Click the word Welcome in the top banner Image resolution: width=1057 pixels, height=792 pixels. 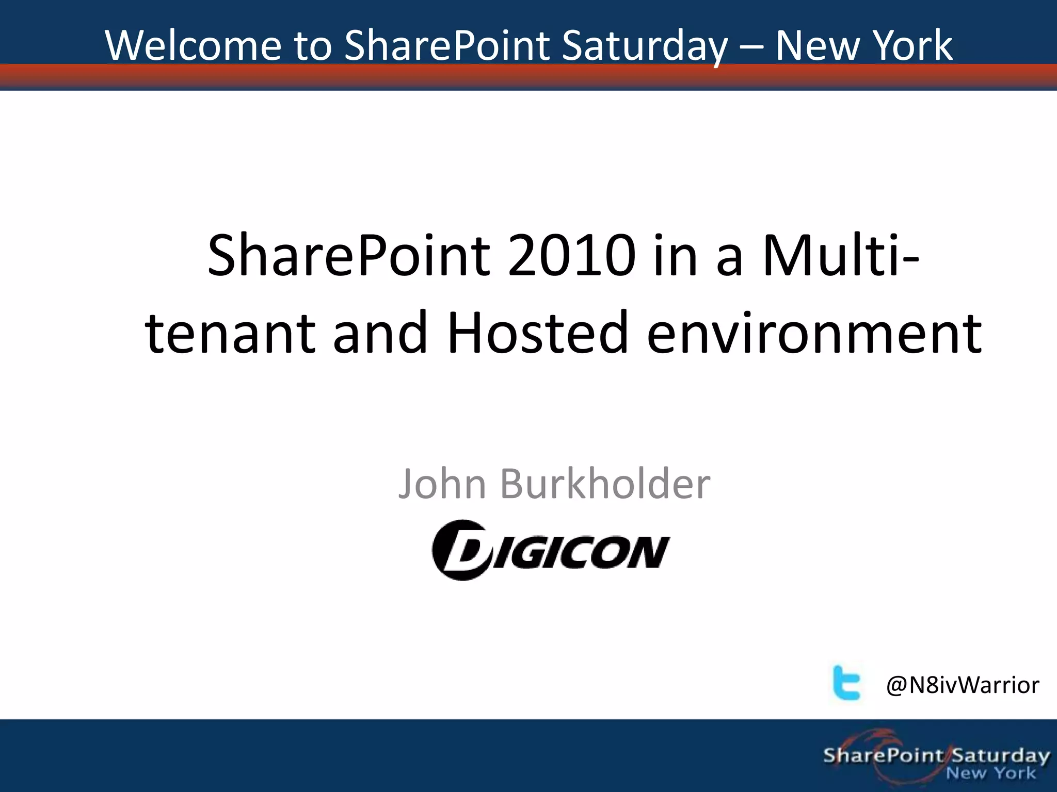pos(193,45)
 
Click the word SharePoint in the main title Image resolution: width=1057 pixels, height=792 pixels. pos(348,255)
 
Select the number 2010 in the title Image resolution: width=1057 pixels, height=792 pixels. pos(571,255)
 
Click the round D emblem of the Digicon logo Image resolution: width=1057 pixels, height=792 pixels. pos(460,550)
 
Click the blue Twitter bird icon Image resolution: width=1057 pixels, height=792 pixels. pos(846,682)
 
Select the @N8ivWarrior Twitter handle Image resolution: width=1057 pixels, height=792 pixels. pos(963,685)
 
